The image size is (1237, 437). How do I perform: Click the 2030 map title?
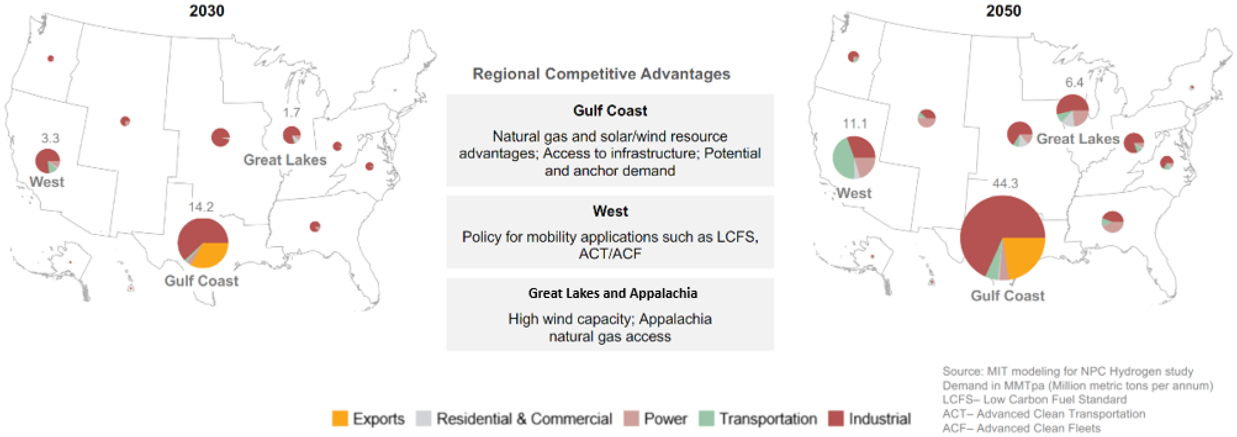point(206,10)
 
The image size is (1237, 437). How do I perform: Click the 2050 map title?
point(1003,10)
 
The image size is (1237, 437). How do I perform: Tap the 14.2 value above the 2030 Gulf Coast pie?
point(201,207)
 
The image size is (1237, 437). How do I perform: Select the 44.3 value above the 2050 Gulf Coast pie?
point(1005,184)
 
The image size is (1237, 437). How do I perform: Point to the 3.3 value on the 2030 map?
point(50,138)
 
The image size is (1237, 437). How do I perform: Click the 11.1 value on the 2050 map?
point(855,124)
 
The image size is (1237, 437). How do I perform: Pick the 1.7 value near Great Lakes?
point(291,113)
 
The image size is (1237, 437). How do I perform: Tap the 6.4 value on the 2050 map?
point(1074,83)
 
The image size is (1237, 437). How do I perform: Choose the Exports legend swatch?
point(339,418)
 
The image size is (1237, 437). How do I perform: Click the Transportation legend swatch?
point(706,418)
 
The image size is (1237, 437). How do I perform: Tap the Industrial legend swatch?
point(836,418)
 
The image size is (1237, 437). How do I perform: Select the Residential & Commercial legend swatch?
point(423,418)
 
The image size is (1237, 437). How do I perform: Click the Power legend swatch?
point(631,418)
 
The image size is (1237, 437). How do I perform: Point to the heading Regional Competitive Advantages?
point(601,74)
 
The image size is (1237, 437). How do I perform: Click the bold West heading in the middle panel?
point(610,211)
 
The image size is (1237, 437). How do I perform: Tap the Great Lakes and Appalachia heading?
point(613,294)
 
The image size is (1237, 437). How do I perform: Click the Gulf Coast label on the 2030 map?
point(201,281)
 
